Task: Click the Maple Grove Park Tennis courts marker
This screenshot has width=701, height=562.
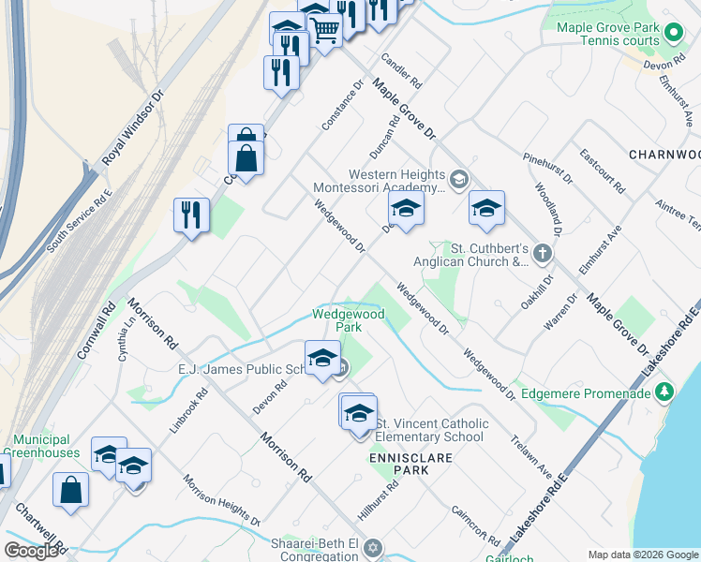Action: tap(673, 35)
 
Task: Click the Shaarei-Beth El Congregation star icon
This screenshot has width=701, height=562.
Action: tap(372, 547)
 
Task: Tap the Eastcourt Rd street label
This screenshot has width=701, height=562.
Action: tap(602, 170)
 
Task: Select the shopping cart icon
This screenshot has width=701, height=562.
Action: tap(324, 29)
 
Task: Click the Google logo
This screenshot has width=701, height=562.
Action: tap(32, 551)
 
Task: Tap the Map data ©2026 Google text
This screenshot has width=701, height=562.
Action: tap(642, 555)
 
